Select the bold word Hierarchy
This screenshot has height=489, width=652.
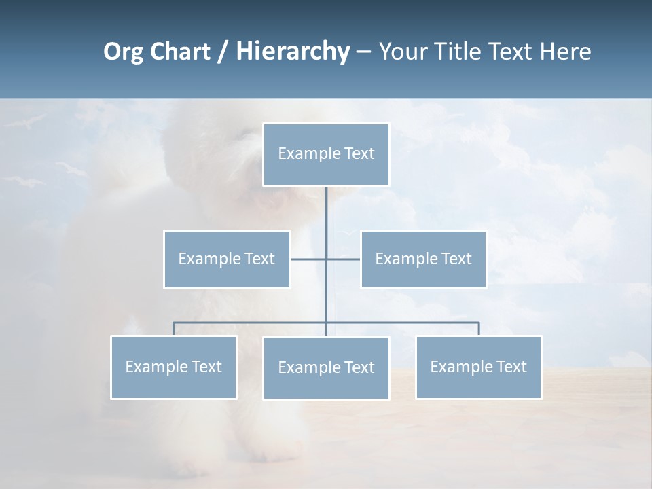click(292, 52)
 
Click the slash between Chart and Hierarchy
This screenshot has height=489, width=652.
click(223, 52)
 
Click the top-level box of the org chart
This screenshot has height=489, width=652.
click(326, 154)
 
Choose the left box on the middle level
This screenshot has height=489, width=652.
click(227, 259)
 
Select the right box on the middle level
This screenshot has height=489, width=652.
click(423, 259)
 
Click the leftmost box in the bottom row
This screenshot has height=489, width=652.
click(174, 367)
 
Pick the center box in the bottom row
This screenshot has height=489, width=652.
click(326, 367)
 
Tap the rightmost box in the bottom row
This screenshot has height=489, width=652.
click(478, 367)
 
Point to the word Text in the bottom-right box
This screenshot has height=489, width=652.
click(511, 367)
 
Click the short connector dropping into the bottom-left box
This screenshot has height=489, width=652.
click(174, 329)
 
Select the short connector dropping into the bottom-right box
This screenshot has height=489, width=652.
click(479, 329)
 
